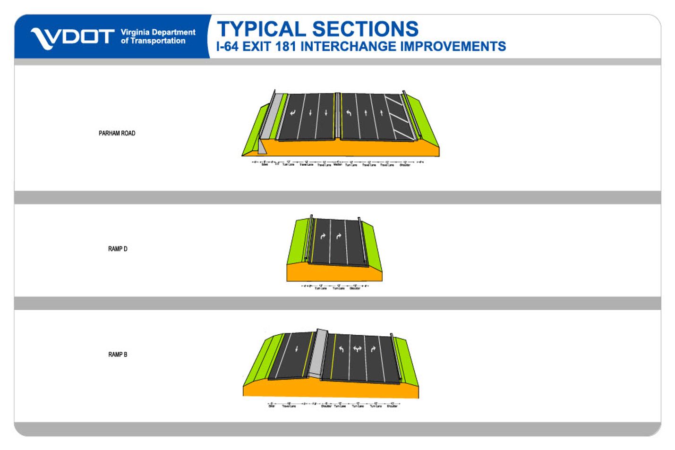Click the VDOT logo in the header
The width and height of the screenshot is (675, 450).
(72, 37)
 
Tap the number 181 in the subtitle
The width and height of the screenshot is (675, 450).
(285, 47)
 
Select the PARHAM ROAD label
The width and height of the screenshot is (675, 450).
(117, 133)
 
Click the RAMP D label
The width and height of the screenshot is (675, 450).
(118, 249)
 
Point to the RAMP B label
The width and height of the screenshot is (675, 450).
(118, 355)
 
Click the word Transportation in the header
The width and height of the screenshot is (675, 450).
(158, 41)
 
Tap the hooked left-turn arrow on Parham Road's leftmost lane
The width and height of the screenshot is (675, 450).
(293, 113)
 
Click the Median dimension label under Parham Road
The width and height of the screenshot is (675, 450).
(338, 164)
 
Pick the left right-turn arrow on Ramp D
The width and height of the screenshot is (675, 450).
(323, 236)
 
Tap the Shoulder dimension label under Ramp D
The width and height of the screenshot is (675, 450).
(355, 288)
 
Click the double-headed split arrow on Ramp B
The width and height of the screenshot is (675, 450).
(357, 349)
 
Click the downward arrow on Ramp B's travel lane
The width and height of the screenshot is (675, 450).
(296, 349)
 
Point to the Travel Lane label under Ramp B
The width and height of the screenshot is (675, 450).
(289, 406)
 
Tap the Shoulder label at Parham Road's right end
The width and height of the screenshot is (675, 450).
(405, 165)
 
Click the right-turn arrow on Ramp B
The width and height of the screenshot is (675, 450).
(373, 349)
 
